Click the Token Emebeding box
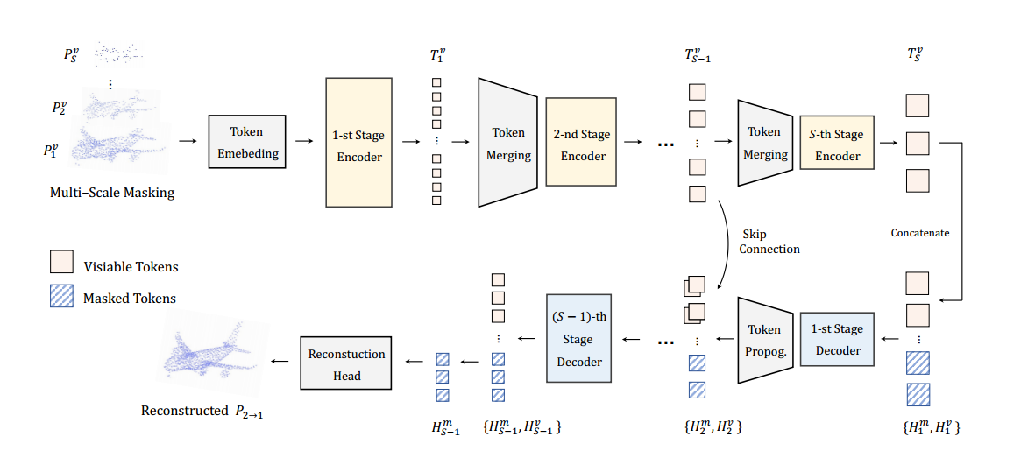click(248, 143)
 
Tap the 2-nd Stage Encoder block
click(583, 142)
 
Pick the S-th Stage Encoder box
click(837, 143)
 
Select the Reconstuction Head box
click(347, 363)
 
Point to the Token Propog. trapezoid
click(765, 341)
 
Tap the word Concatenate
click(920, 233)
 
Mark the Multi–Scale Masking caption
click(112, 193)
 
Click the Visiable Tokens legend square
click(61, 262)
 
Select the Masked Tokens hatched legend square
click(61, 297)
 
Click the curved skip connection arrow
click(729, 245)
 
